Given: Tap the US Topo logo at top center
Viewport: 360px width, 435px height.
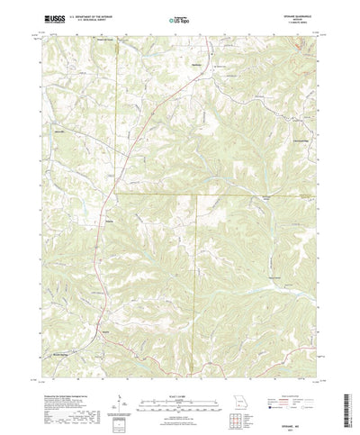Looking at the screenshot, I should point(180,17).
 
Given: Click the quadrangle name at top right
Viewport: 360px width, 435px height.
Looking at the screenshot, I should point(297,14).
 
